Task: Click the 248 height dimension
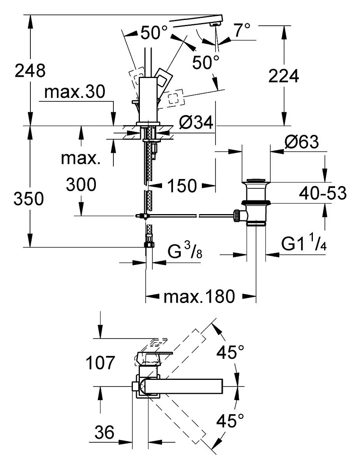(x=30, y=71)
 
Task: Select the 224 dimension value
(x=284, y=76)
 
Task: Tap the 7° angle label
(x=242, y=30)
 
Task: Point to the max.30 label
(x=75, y=92)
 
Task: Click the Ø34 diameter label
(x=196, y=122)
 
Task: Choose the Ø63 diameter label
(x=302, y=142)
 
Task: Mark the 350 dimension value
(x=28, y=199)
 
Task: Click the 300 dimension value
(x=81, y=184)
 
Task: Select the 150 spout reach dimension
(x=182, y=186)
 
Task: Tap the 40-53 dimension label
(x=323, y=193)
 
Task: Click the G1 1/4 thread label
(x=304, y=243)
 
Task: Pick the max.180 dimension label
(x=199, y=296)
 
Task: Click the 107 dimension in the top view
(x=100, y=363)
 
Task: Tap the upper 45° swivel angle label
(x=230, y=352)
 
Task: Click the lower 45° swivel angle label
(x=230, y=421)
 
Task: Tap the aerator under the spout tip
(x=216, y=25)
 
